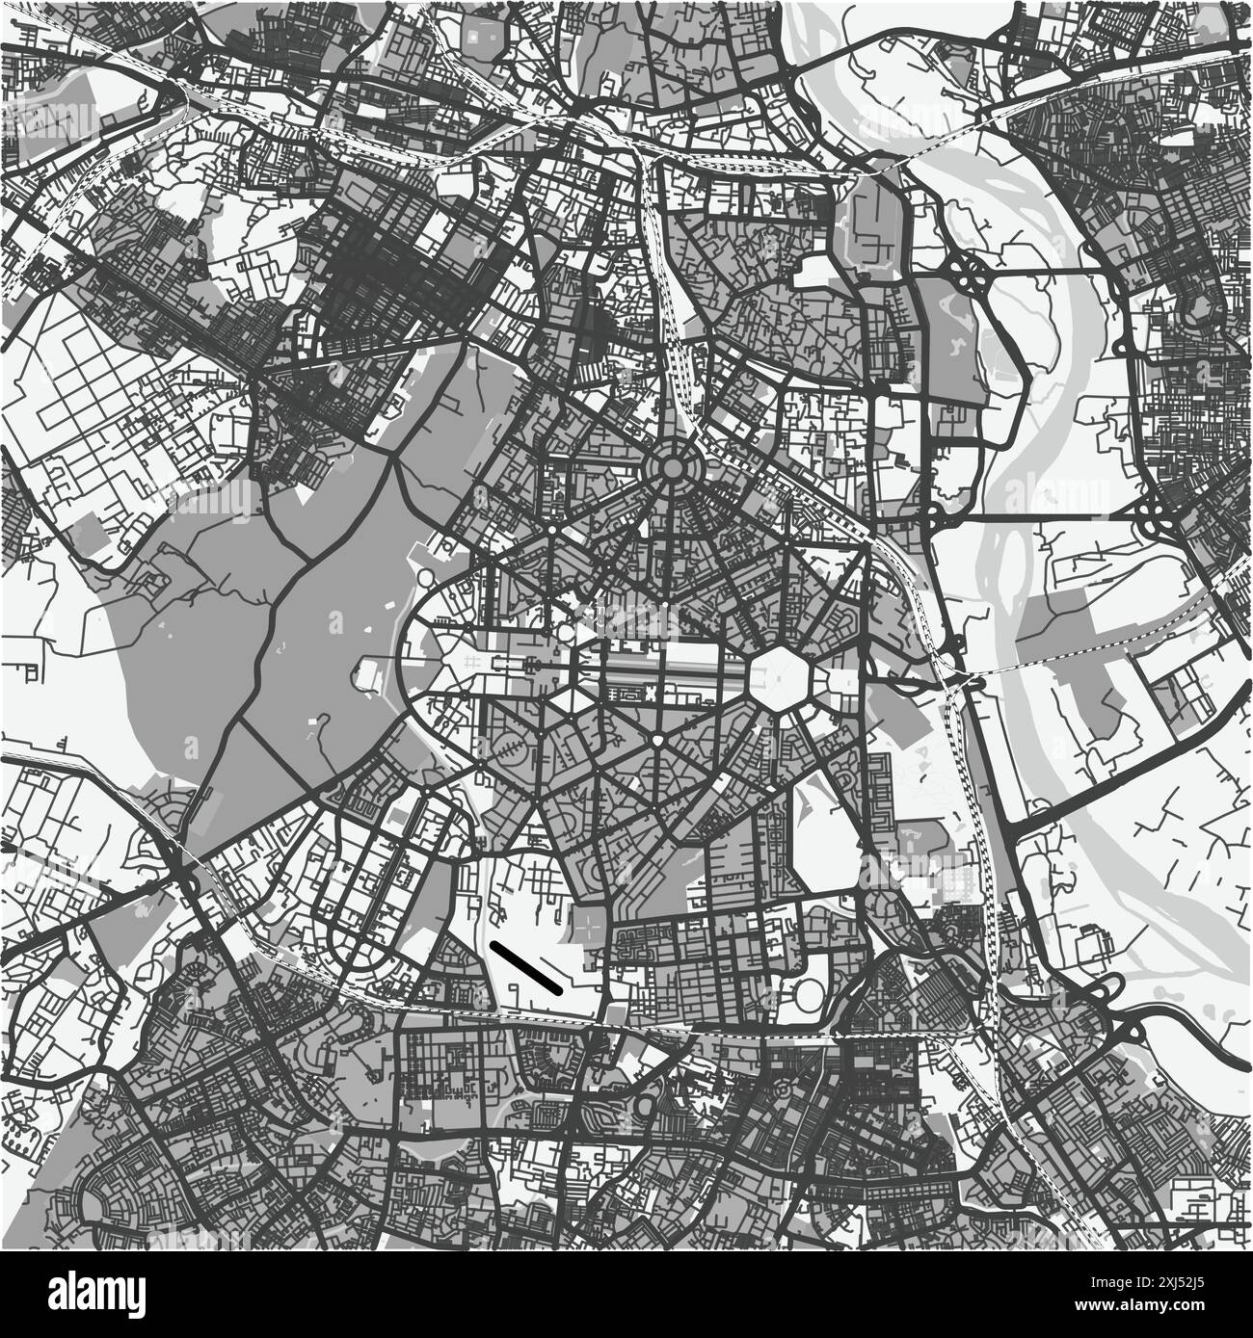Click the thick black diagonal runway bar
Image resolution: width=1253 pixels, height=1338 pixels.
click(x=526, y=966)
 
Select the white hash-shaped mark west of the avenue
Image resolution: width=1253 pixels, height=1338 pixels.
click(x=469, y=660)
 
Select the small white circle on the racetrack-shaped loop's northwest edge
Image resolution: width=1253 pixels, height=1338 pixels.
click(x=425, y=577)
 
